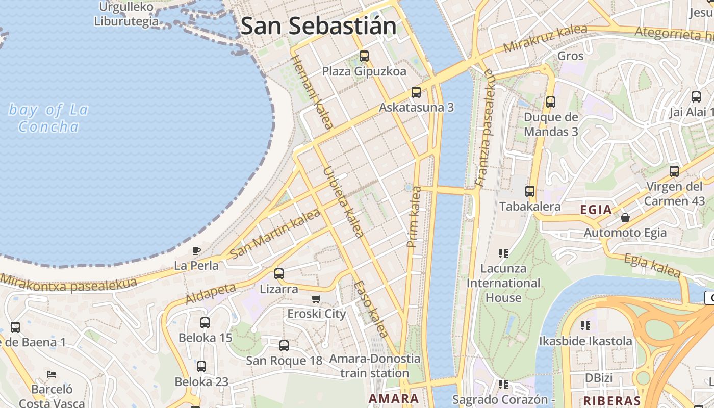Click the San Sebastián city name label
point(318,26)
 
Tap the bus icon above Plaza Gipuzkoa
point(364,56)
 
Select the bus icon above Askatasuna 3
point(416,92)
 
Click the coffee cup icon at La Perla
point(196,250)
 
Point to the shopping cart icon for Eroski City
point(316,299)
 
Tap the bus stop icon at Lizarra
point(278,274)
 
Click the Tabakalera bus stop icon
point(530,191)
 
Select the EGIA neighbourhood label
point(596,210)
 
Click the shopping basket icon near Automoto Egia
point(625,218)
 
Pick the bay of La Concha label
point(49,118)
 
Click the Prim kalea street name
point(414,217)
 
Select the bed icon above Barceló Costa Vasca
point(52,374)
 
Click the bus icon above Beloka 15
point(205,322)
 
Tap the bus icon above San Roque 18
point(284,345)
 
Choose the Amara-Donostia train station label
point(375,366)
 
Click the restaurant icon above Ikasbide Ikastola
point(585,325)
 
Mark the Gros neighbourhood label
point(570,56)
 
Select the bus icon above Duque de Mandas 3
point(550,101)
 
